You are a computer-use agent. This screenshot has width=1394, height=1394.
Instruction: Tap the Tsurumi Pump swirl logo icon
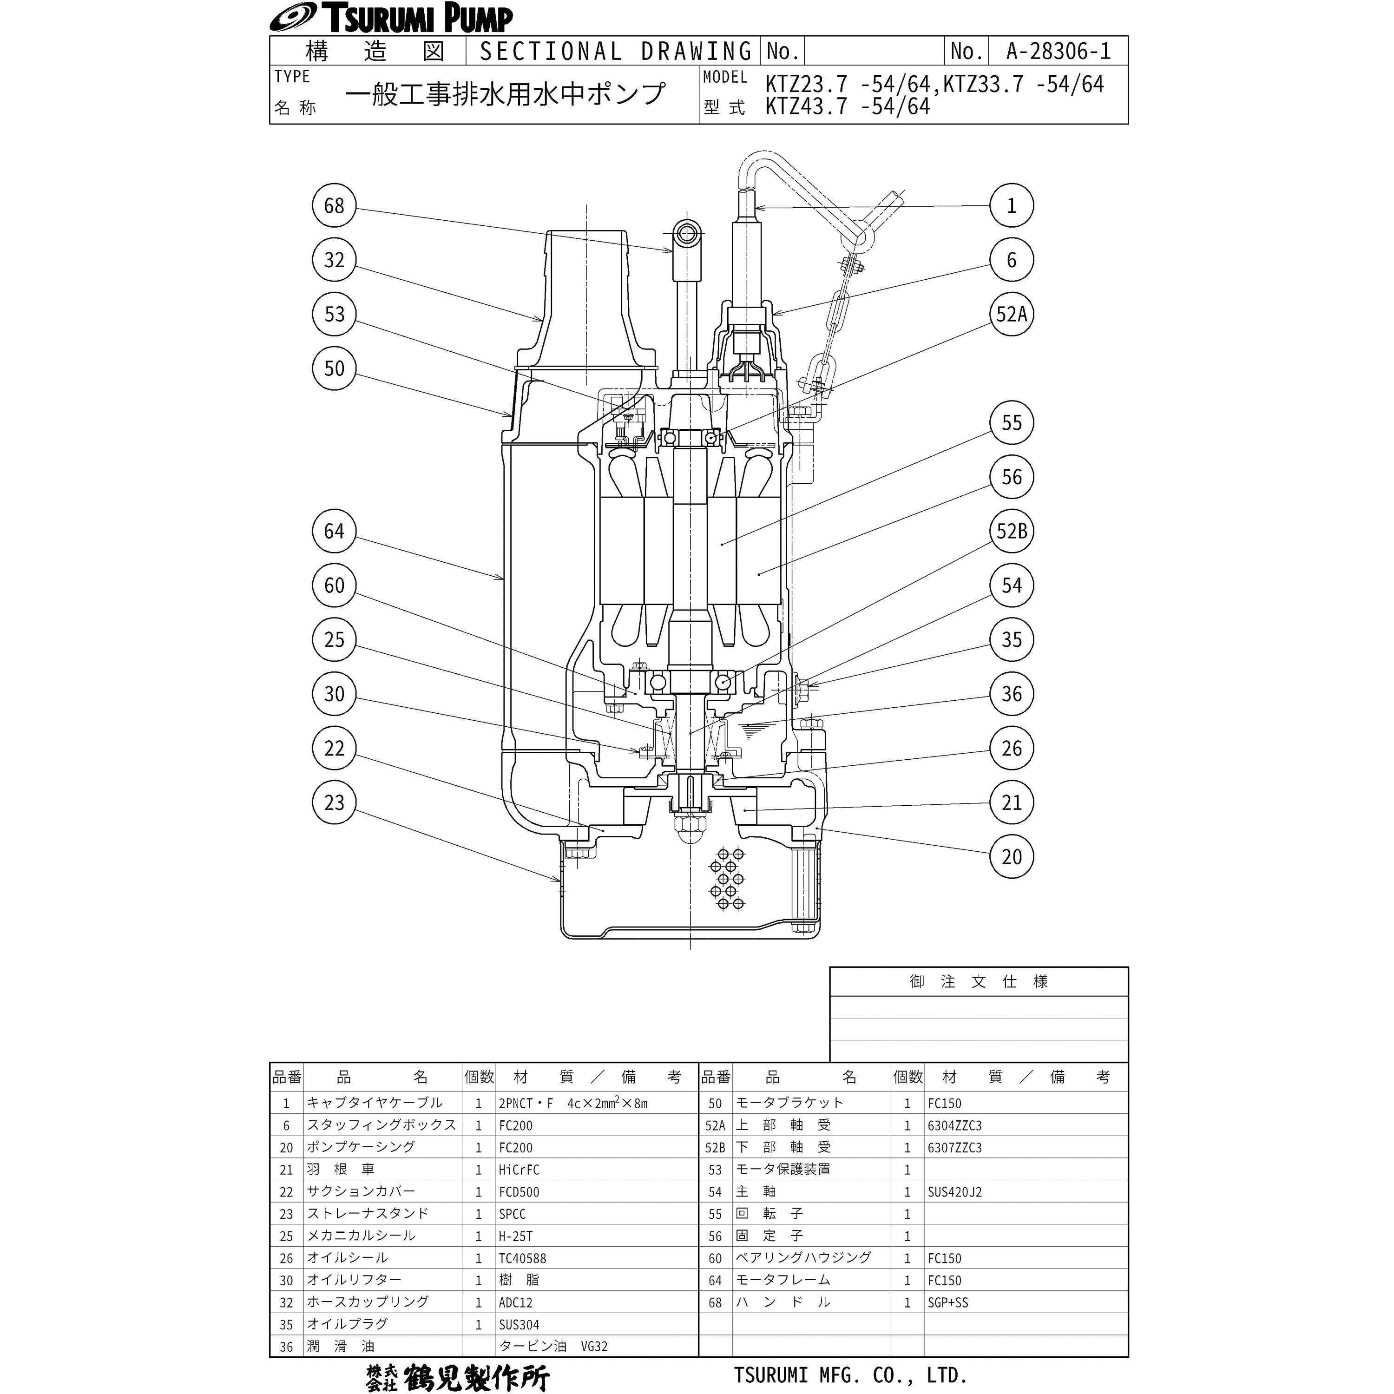(x=291, y=19)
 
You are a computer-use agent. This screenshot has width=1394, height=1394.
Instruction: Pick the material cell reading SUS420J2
(x=954, y=1192)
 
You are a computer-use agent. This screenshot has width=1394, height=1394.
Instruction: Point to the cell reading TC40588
(x=522, y=1258)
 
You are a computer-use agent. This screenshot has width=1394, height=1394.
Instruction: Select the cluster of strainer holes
(x=727, y=878)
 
